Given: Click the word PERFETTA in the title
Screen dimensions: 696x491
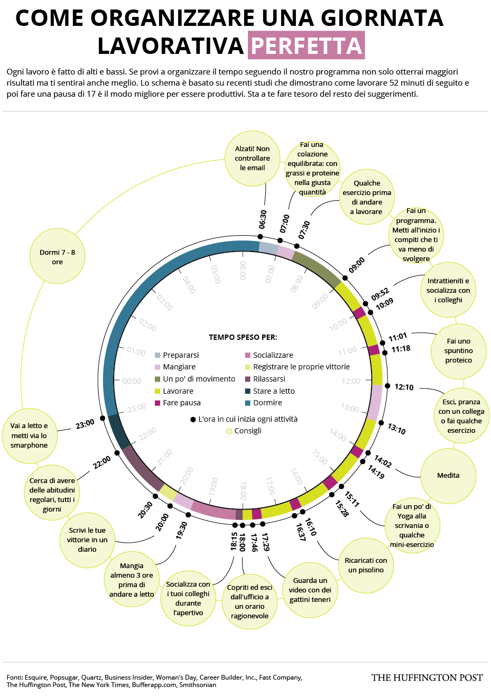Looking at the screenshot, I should pos(307,46).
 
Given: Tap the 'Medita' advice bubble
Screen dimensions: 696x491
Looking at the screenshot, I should pos(448,476).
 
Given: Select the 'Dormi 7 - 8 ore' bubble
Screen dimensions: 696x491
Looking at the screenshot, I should pos(57,257).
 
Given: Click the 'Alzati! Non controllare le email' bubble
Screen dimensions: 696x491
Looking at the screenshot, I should pos(252,159).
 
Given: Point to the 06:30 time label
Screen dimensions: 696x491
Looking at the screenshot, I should pos(263,219).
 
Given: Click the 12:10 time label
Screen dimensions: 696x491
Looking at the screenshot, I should pos(404,387).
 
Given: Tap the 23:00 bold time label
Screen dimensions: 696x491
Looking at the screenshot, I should pos(85,424).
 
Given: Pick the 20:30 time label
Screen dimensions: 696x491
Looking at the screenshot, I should pos(145,510).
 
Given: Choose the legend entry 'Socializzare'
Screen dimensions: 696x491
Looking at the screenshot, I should pos(273,355).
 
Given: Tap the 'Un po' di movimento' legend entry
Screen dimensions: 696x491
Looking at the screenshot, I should pos(199,379).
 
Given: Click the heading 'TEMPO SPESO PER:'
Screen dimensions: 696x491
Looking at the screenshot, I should pos(243,337).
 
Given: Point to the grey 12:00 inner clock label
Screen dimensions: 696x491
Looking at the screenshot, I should pos(351,381).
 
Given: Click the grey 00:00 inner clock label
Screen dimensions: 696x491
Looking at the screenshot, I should pos(132,381).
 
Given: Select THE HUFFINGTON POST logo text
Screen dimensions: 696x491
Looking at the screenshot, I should pos(427,678).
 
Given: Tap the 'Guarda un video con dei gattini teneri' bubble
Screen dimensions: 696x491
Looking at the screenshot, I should pos(310,590).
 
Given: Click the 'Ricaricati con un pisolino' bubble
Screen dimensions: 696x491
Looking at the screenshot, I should pos(366,565).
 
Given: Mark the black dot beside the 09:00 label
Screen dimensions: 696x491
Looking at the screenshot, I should pos(345,278).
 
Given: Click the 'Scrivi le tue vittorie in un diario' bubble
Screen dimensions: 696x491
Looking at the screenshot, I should pos(87,540).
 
